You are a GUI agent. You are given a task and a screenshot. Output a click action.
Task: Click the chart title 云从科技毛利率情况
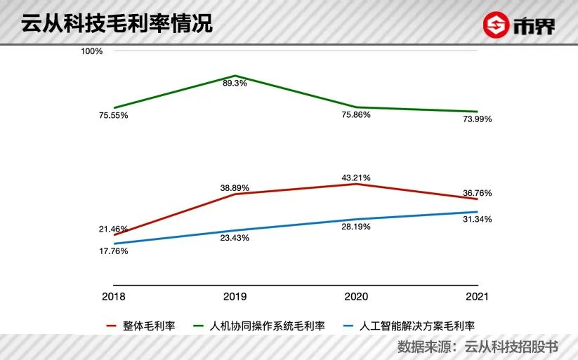117,23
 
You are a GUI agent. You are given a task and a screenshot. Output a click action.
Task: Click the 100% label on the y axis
92,51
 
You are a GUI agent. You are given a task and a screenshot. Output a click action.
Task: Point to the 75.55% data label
114,116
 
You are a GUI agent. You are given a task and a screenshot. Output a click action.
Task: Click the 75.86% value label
356,115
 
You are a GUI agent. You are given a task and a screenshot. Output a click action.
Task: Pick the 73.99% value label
478,119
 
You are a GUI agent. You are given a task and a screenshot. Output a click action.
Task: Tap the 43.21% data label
356,178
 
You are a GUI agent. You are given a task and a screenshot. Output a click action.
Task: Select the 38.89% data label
235,188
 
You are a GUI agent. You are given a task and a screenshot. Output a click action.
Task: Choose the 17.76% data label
114,251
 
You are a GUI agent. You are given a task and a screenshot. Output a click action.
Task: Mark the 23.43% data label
235,238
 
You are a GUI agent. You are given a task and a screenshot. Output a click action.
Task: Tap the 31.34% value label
478,220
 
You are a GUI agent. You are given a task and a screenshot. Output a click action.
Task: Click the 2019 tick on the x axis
235,297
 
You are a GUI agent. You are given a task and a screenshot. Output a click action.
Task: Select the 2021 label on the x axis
478,297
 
